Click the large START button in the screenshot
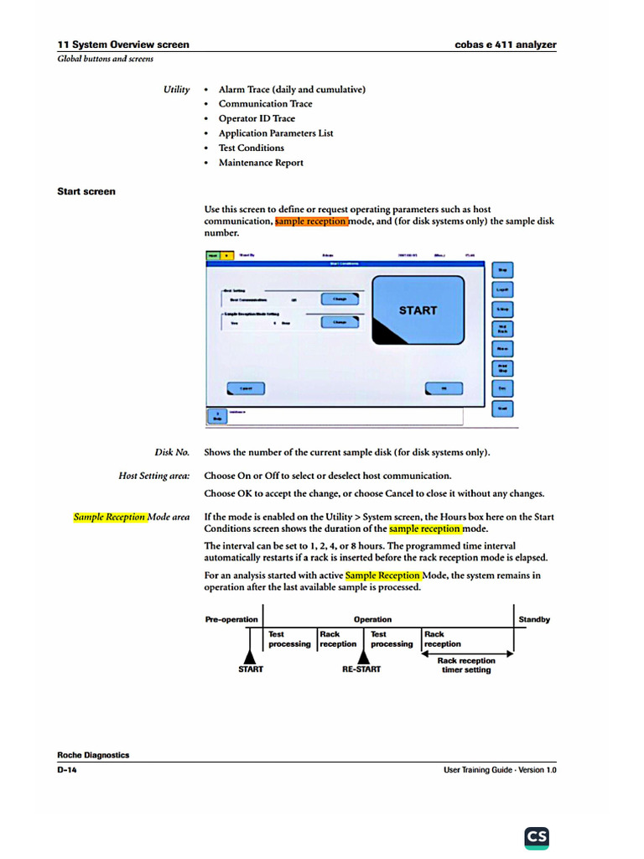(x=418, y=310)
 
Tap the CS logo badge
(x=537, y=836)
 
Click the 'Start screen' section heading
(x=86, y=191)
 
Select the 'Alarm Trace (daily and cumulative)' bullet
(x=292, y=89)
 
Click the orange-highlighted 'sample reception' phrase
(x=311, y=221)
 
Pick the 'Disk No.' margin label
(x=172, y=452)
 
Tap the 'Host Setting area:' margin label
(x=154, y=476)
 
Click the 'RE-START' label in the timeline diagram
(x=361, y=669)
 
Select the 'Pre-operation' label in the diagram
(x=231, y=620)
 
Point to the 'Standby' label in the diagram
(x=534, y=620)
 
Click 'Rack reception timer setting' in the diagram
(x=466, y=665)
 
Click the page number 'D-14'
(x=67, y=769)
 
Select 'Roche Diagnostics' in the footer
(x=93, y=755)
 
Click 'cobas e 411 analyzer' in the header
(x=506, y=44)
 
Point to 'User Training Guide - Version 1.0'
(x=500, y=769)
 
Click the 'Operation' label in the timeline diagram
(x=372, y=620)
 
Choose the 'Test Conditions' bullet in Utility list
(x=251, y=148)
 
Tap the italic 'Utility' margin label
(x=176, y=89)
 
